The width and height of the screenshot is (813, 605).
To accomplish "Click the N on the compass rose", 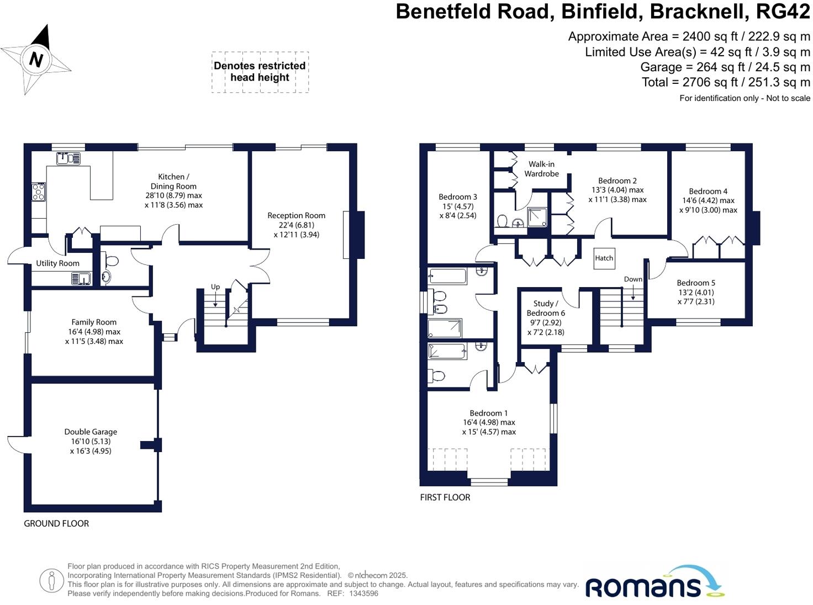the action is pyautogui.click(x=36, y=59).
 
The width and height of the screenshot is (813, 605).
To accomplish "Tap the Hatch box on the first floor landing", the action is pyautogui.click(x=604, y=258).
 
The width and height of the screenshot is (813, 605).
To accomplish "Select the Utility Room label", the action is pyautogui.click(x=57, y=263).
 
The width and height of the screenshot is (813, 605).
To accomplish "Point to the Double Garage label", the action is pyautogui.click(x=91, y=432).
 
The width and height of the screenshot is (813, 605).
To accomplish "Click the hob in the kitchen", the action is pyautogui.click(x=39, y=192).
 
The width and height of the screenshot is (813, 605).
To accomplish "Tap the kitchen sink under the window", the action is pyautogui.click(x=68, y=158).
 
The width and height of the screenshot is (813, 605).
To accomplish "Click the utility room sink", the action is pyautogui.click(x=81, y=279).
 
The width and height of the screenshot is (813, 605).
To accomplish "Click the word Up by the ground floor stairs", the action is pyautogui.click(x=215, y=286).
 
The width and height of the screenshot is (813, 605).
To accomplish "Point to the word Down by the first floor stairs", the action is pyautogui.click(x=633, y=279).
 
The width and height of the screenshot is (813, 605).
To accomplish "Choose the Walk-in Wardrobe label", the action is pyautogui.click(x=541, y=169).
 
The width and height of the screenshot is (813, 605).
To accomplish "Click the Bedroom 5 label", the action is pyautogui.click(x=696, y=283).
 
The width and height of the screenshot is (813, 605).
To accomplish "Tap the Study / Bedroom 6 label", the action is pyautogui.click(x=546, y=308).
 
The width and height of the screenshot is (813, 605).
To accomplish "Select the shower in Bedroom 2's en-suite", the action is pyautogui.click(x=537, y=217).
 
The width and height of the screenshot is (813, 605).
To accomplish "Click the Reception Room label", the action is pyautogui.click(x=296, y=215).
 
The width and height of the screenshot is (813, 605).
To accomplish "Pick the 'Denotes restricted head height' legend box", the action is pyautogui.click(x=260, y=72).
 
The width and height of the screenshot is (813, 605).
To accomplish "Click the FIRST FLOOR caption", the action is pyautogui.click(x=445, y=497).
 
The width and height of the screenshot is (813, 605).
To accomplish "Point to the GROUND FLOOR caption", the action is pyautogui.click(x=56, y=523).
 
